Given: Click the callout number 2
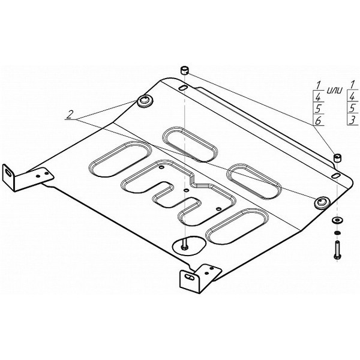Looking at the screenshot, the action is pos(70,115).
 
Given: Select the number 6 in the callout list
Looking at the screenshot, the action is pos(318,121).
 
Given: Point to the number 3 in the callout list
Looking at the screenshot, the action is pos(352,120).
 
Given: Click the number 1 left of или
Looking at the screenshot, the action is pos(318,85).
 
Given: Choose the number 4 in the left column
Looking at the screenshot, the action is pos(318,98).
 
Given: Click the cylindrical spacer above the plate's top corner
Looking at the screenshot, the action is pos(185,70).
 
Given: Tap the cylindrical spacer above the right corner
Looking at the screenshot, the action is pos(337,158).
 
